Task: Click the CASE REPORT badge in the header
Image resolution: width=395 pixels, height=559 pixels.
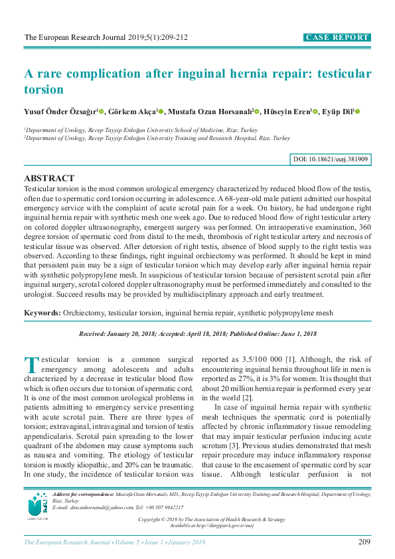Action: coord(337,38)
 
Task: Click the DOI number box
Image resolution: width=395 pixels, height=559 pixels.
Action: coord(331,160)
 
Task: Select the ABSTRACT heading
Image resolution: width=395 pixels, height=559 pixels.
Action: coord(49,179)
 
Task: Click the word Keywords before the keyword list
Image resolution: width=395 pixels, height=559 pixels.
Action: coord(42,312)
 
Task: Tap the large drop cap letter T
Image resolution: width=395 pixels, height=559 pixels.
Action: coord(31,365)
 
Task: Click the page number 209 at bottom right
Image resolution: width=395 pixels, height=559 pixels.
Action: coord(363,542)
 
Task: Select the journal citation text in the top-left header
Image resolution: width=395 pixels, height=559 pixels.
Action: coord(106,38)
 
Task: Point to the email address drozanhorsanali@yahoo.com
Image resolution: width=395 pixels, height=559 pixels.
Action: coord(98,507)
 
